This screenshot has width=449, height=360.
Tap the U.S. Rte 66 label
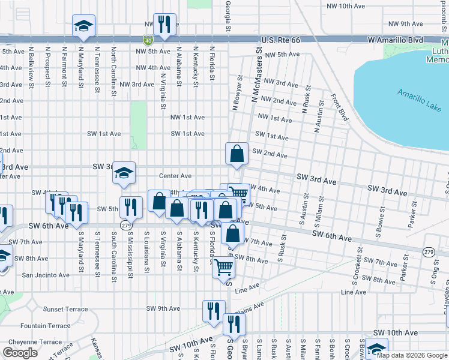[280, 40]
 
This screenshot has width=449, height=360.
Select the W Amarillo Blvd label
[393, 40]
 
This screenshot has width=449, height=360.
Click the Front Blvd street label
[340, 107]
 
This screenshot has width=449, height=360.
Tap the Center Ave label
[175, 176]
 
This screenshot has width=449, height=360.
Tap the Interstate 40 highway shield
[148, 40]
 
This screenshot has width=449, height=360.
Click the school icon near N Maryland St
[83, 26]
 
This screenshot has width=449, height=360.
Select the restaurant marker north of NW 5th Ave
[164, 25]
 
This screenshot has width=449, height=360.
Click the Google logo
[20, 353]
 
